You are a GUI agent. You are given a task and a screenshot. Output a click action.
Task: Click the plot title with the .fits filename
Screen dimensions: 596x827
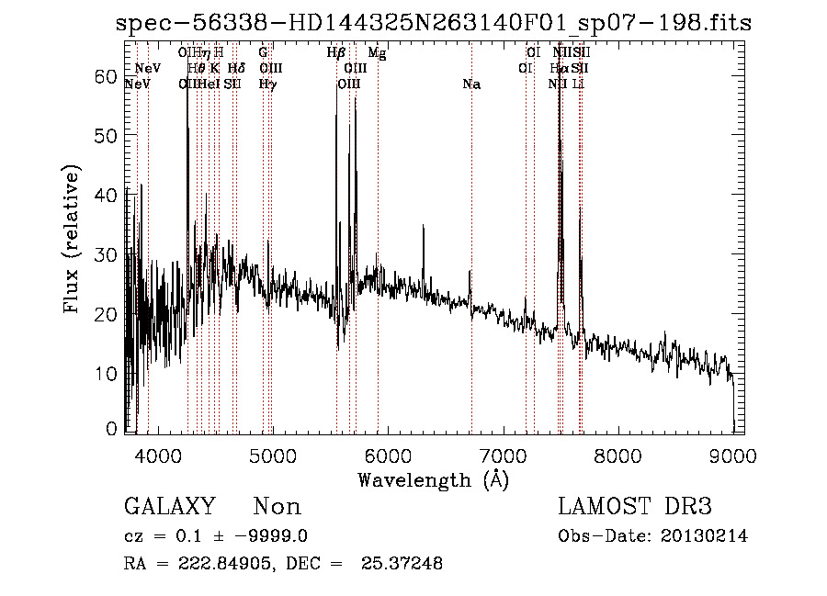coord(434,23)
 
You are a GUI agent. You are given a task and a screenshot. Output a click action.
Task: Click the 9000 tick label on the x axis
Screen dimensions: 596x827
coord(732,454)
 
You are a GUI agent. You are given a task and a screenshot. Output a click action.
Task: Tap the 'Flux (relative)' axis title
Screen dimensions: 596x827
coord(73,240)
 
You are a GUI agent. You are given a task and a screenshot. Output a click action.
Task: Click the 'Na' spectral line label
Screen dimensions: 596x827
coord(471,84)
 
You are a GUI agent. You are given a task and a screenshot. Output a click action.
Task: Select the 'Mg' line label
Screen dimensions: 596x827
coord(377,54)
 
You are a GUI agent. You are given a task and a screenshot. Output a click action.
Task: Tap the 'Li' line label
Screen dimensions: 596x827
coord(578,84)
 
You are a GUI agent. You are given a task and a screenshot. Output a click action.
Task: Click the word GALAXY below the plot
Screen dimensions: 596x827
coord(169,507)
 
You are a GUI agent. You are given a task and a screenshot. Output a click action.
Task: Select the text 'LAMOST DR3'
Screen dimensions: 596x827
coord(634,507)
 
